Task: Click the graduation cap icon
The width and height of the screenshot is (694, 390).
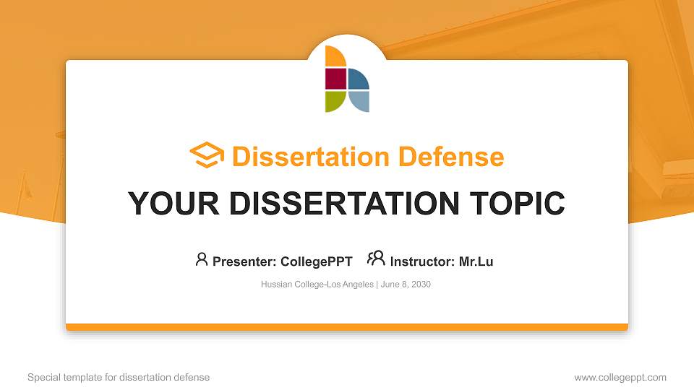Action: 207,156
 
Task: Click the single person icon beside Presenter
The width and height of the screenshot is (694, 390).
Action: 202,259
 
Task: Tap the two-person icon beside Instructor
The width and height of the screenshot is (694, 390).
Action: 376,259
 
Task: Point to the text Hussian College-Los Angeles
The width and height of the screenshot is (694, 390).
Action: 317,285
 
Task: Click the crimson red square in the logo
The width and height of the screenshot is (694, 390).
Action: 335,78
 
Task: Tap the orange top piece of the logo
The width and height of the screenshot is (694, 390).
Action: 333,56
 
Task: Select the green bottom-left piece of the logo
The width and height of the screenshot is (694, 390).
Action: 335,101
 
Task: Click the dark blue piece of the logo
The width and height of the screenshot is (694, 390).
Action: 358,79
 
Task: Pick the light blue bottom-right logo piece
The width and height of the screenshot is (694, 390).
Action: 358,101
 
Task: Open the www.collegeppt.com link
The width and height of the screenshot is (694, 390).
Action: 620,377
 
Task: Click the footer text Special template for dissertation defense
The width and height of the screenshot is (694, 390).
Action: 119,377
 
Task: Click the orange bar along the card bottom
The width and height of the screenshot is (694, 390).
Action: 347,327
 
